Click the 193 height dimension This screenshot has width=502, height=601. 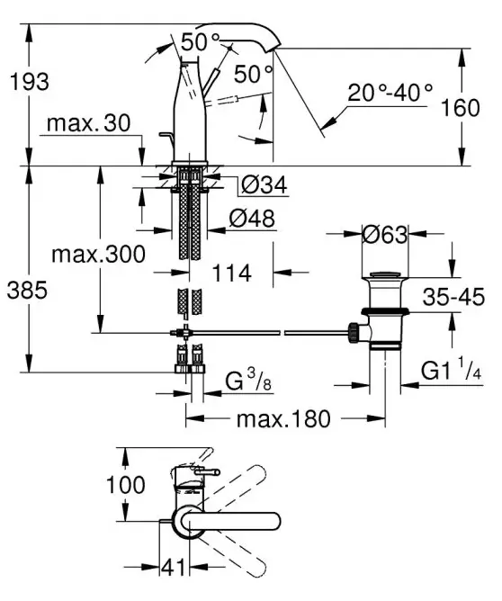coord(30,82)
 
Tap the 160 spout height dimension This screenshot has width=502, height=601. coord(461,108)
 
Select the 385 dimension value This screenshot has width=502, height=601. coord(27,290)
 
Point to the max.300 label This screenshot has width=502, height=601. coord(98,254)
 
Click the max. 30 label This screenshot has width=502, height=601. coord(88,123)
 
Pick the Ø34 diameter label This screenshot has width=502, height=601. coord(264,184)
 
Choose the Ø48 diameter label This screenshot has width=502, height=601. coord(252,219)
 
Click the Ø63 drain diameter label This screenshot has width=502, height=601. coord(385,235)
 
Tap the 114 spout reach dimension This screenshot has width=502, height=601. coord(232,274)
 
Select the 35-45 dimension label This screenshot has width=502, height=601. coord(453,297)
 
